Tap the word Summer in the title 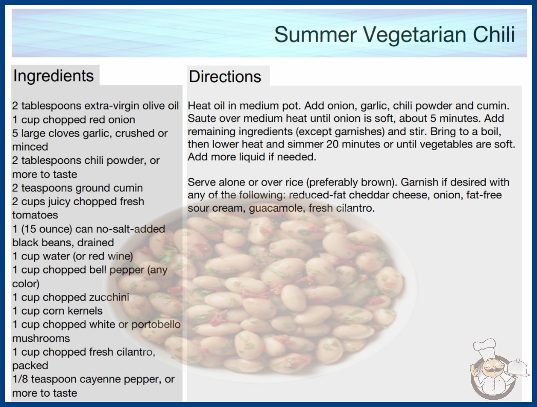pyautogui.click(x=315, y=34)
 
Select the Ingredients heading pyautogui.click(x=53, y=76)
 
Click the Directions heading pyautogui.click(x=225, y=77)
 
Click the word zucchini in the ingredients pyautogui.click(x=109, y=297)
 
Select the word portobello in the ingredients pyautogui.click(x=156, y=324)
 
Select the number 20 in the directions pyautogui.click(x=332, y=144)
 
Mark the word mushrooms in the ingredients pyautogui.click(x=41, y=339)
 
